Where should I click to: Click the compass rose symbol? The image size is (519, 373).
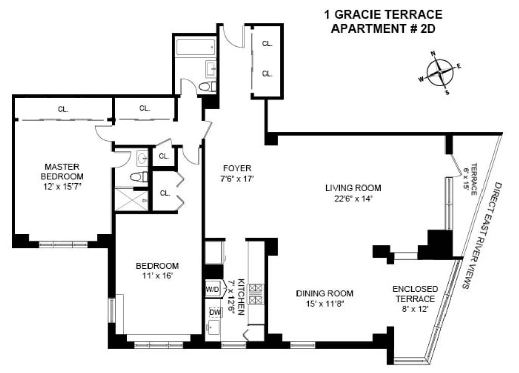coord(440,72)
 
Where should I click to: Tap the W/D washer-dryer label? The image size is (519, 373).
coord(212,289)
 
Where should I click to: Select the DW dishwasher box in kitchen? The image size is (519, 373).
coord(215,312)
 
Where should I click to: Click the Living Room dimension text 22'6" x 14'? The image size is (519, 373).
coord(353,199)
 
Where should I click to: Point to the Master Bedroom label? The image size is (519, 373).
coord(62,171)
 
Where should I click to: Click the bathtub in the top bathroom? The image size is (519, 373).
coord(196,47)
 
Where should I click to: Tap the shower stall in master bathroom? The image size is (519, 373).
coord(131,199)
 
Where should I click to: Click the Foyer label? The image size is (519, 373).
coord(237,168)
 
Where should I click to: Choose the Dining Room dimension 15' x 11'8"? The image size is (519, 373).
coord(324,303)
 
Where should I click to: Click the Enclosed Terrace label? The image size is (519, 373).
coord(416,294)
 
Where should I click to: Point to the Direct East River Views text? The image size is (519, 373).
coord(482,236)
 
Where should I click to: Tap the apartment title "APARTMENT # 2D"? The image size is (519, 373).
coord(383,29)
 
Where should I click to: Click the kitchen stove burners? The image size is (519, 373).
coord(256,294)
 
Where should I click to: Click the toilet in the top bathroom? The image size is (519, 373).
coord(207,87)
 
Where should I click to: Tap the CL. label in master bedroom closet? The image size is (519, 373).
coord(63,109)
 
